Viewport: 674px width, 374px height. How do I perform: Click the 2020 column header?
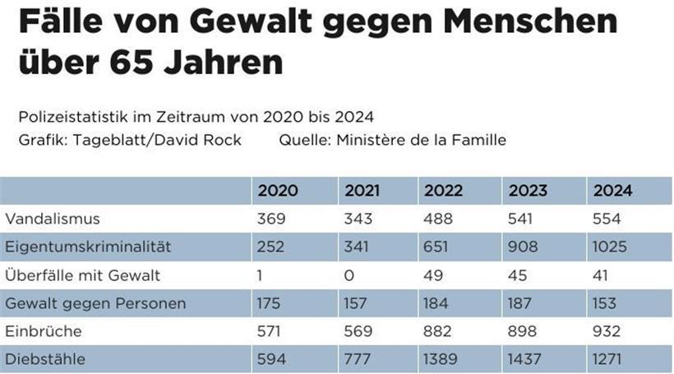(278, 191)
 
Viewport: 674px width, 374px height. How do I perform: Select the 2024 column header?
(612, 191)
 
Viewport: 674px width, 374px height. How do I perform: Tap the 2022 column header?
(444, 191)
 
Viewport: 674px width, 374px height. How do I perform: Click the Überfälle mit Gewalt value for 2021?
(349, 275)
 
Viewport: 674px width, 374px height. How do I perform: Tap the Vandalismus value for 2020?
(272, 219)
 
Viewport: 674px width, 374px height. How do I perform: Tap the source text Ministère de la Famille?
(421, 140)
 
